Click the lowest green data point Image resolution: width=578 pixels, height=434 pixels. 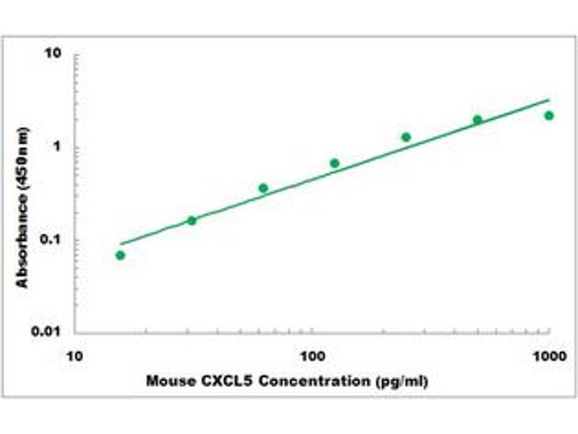click(x=120, y=255)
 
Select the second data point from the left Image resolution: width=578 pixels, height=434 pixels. click(x=191, y=221)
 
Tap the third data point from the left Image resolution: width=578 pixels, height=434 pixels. click(x=263, y=188)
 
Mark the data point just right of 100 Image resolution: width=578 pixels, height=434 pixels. click(x=335, y=163)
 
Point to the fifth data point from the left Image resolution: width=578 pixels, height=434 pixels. click(x=406, y=137)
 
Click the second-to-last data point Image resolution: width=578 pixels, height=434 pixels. click(x=478, y=120)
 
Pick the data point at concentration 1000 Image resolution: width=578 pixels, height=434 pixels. click(x=549, y=116)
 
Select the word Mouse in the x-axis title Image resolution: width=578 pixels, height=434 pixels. click(x=168, y=380)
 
